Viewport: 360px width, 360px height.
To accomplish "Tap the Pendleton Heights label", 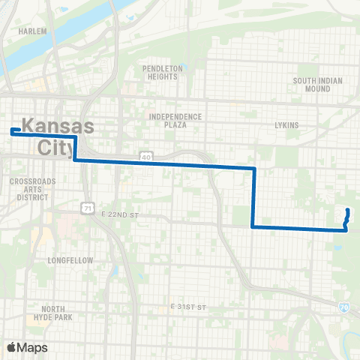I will [163, 72].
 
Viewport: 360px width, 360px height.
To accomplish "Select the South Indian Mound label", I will [317, 84].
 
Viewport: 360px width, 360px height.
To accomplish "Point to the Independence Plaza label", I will [175, 121].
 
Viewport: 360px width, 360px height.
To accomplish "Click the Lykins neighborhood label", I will [286, 124].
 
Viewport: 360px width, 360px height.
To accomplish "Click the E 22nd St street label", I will [121, 215].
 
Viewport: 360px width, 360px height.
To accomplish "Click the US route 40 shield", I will [144, 156].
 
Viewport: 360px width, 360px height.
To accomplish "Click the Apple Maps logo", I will [27, 347].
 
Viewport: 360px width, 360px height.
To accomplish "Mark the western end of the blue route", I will [13, 131].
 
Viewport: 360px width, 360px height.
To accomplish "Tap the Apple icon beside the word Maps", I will [11, 346].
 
